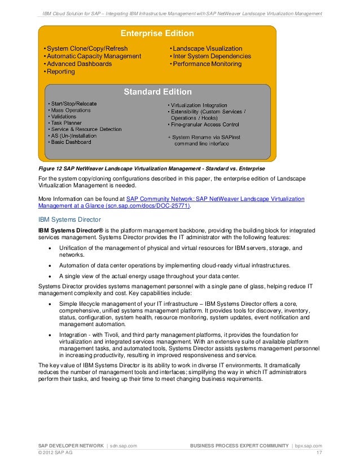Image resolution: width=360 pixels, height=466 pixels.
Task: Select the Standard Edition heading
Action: coord(157,91)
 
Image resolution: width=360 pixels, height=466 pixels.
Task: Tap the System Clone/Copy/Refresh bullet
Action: coord(86,49)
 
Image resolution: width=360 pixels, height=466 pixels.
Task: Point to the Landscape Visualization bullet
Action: coord(207,49)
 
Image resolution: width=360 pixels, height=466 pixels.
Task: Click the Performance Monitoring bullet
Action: coord(206,64)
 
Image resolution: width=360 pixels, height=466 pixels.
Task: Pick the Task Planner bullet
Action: coord(67,123)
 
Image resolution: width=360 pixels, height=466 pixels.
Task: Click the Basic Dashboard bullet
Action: coord(71,142)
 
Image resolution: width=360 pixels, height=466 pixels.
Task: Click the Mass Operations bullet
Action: coord(71,110)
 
